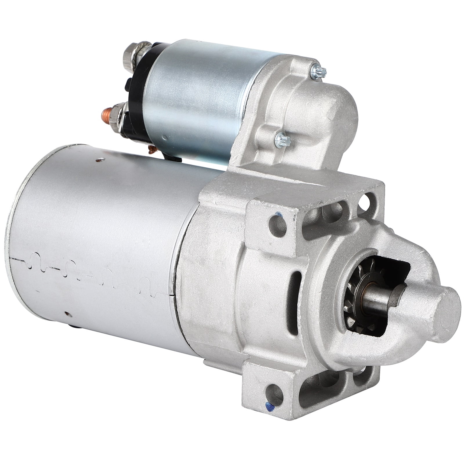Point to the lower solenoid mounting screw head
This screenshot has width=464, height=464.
coord(283,140)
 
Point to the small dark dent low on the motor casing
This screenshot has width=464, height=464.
coord(67,314)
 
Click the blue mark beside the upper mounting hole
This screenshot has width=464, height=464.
coord(279,215)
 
